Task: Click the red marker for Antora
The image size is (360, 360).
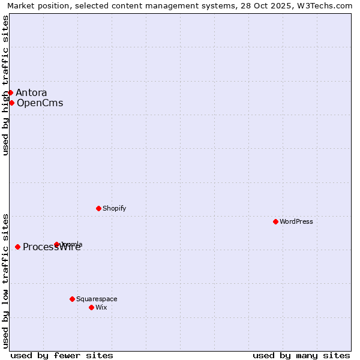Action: coord(11,92)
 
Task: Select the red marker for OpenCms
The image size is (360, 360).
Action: coord(11,103)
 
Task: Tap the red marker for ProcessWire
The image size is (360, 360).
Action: coord(18,247)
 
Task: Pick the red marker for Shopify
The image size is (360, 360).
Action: coord(99,208)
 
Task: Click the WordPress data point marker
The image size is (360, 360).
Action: coord(276,221)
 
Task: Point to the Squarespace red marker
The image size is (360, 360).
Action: coord(73,299)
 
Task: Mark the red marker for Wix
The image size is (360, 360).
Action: coord(92,307)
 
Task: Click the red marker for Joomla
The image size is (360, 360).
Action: coord(57,244)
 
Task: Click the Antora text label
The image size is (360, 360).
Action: coord(31,92)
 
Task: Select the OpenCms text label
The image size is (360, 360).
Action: coord(40,103)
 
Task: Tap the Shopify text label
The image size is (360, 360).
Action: coord(114,208)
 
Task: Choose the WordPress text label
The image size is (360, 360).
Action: coord(296,221)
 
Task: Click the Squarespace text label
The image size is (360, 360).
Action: coord(97,299)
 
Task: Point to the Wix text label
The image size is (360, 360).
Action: coord(101,307)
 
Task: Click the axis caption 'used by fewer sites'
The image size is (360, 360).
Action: coord(62,355)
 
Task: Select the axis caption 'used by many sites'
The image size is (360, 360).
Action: coord(301,355)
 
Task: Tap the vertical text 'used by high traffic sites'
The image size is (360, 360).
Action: coord(5,85)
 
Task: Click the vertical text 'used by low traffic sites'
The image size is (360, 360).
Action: coord(5,280)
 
